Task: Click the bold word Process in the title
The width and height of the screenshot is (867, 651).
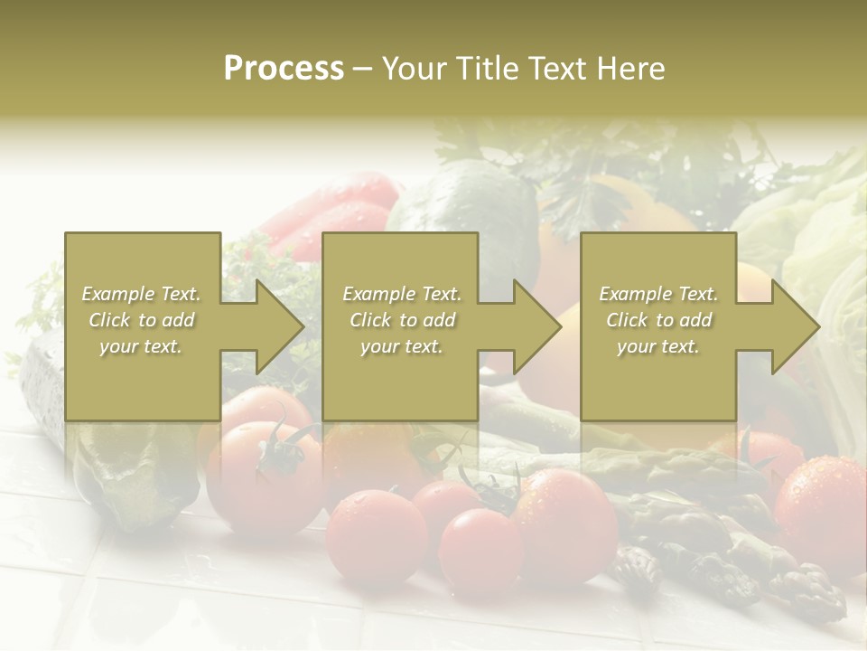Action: pos(284,68)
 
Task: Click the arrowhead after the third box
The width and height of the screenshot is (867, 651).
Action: pos(794,326)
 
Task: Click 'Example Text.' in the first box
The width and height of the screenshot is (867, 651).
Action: pos(141,294)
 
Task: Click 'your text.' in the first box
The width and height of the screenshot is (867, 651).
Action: pos(141,346)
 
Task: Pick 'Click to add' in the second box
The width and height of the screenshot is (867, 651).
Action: pos(402,320)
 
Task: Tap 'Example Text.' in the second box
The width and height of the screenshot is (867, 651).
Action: pos(402,294)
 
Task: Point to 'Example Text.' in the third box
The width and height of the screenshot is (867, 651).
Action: pos(658,294)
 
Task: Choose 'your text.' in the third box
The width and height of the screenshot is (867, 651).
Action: pos(658,346)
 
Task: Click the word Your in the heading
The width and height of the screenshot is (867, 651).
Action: pos(416,68)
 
